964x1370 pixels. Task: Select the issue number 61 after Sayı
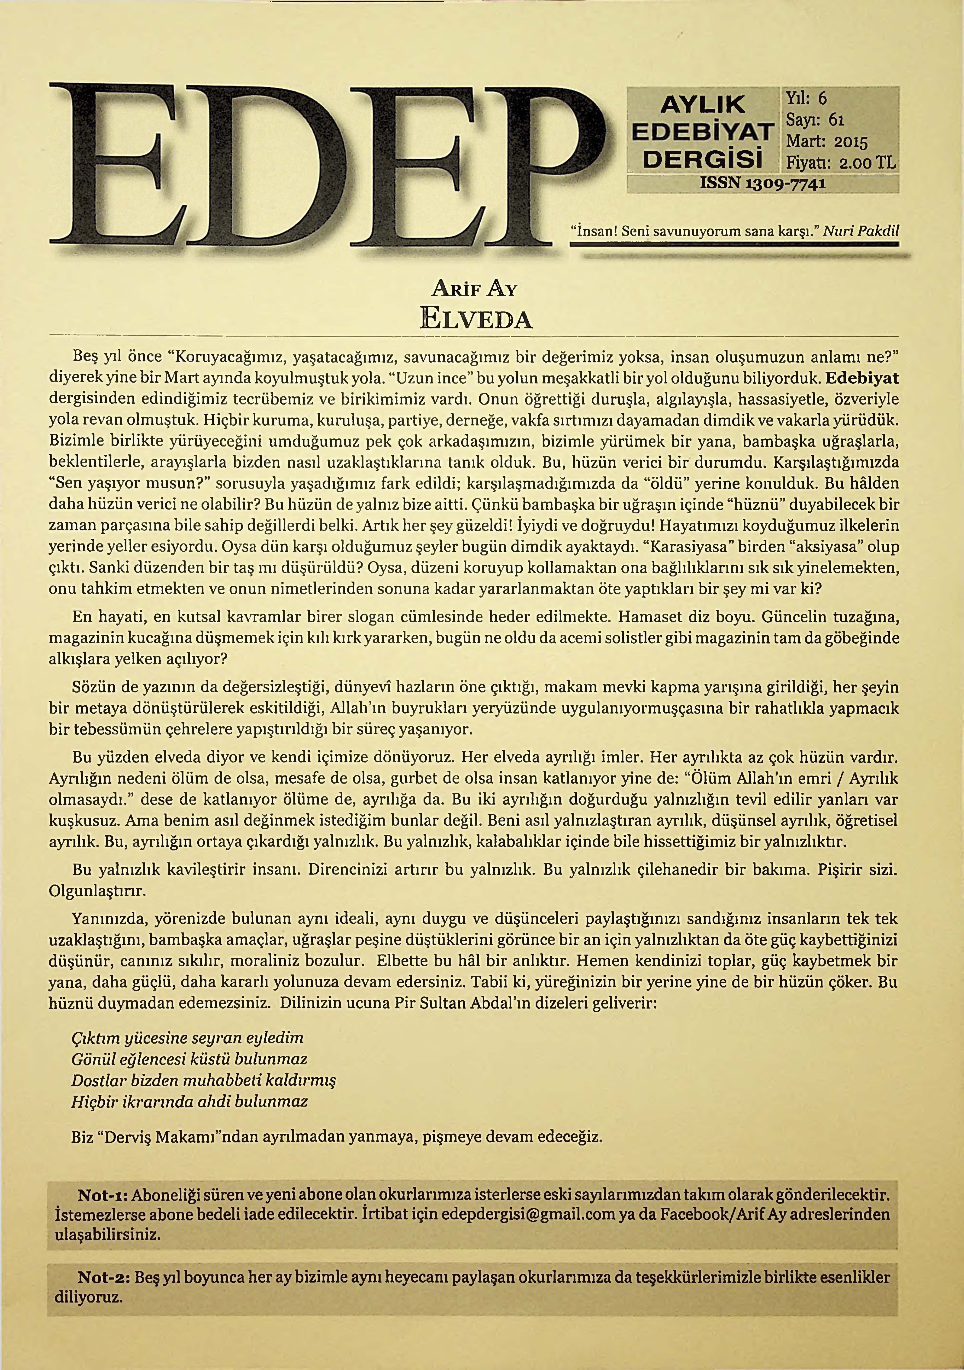coord(837,120)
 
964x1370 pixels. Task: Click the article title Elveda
coord(476,319)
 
